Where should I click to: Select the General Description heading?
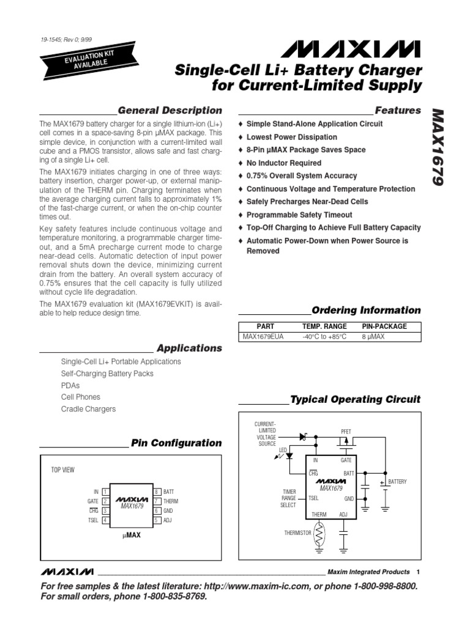point(170,111)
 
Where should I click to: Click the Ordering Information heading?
point(366,310)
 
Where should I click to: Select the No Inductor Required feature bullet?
point(283,163)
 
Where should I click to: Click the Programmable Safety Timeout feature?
point(299,215)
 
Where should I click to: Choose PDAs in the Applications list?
point(70,386)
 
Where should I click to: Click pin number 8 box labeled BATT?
point(157,492)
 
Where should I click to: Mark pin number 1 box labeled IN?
point(105,492)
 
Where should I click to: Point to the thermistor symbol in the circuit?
point(319,532)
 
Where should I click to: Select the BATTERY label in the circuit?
point(398,482)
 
